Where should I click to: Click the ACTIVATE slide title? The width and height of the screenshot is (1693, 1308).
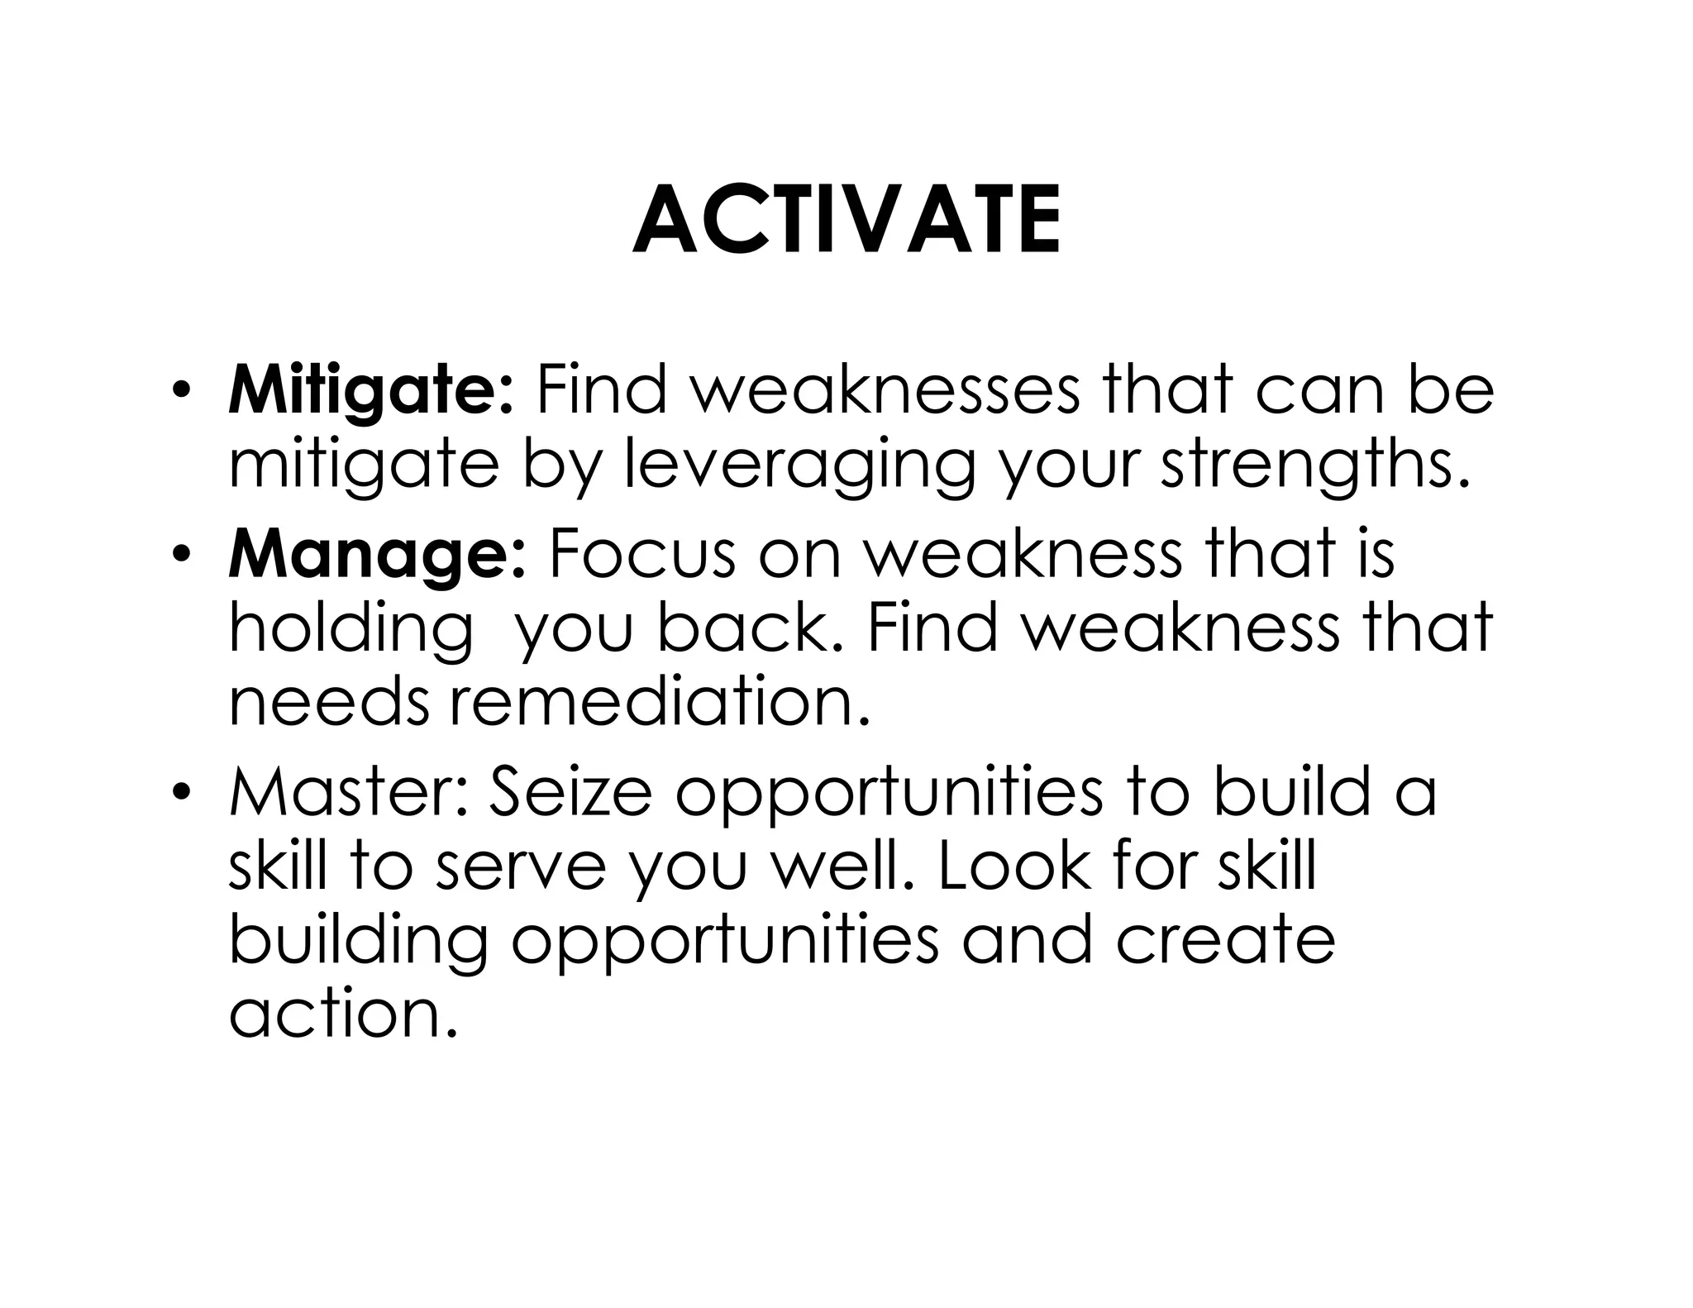pos(846,221)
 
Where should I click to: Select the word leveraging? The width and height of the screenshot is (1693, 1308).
pos(799,465)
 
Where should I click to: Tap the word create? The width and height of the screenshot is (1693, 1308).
pos(1224,940)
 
